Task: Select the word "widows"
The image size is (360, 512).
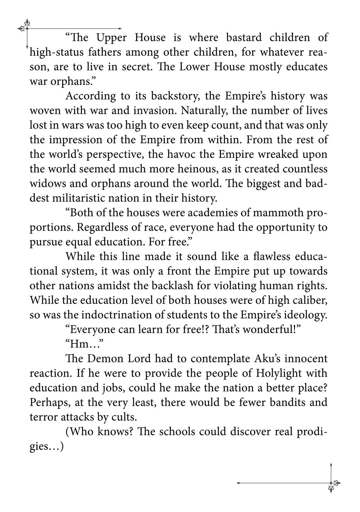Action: click(47, 184)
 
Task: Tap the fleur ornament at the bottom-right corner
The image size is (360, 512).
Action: click(333, 484)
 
